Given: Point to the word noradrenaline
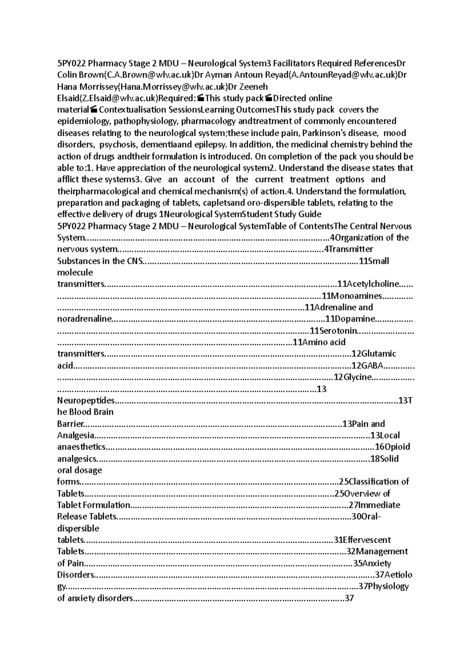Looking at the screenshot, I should click(x=85, y=319).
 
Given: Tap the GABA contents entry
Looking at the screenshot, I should click(x=372, y=365).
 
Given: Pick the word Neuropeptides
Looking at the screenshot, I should click(x=86, y=400).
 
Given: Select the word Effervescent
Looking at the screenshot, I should click(x=366, y=540).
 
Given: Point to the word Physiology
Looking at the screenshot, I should click(x=388, y=586).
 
